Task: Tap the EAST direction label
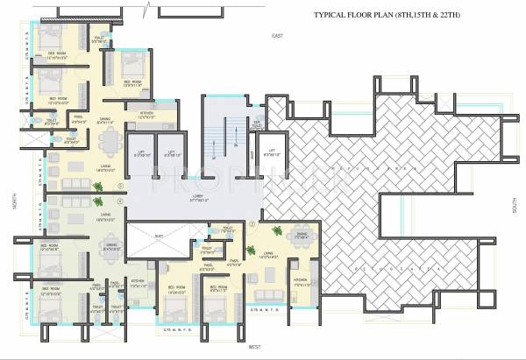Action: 278,35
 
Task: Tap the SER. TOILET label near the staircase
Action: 257,124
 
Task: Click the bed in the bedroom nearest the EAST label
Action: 131,61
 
